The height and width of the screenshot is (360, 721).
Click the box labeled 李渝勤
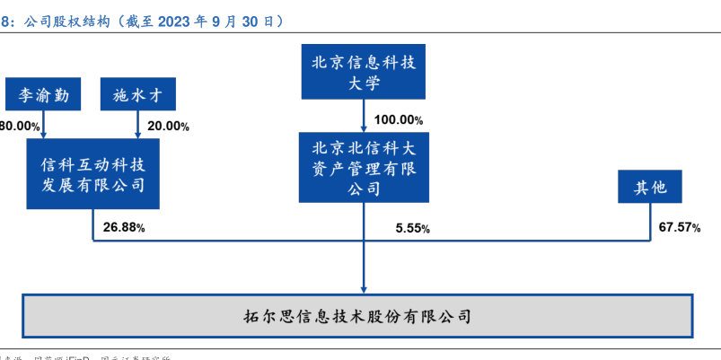(x=42, y=93)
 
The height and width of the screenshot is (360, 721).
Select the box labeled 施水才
(x=136, y=93)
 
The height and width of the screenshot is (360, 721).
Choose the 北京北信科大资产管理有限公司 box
(x=365, y=167)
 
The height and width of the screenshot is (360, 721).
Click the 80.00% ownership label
(x=20, y=127)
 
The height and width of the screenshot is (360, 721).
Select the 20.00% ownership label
(x=168, y=127)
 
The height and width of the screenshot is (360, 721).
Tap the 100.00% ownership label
(x=399, y=119)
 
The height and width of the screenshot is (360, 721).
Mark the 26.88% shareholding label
(x=124, y=227)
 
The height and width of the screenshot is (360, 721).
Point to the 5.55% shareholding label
(x=412, y=229)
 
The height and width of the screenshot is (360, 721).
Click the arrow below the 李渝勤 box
(x=42, y=124)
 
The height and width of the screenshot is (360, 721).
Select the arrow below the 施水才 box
(x=136, y=124)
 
